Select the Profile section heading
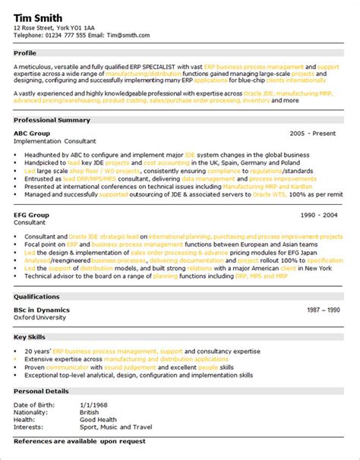click(x=25, y=54)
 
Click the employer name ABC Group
click(x=31, y=132)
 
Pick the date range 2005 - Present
click(x=312, y=132)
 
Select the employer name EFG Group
click(x=31, y=216)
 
